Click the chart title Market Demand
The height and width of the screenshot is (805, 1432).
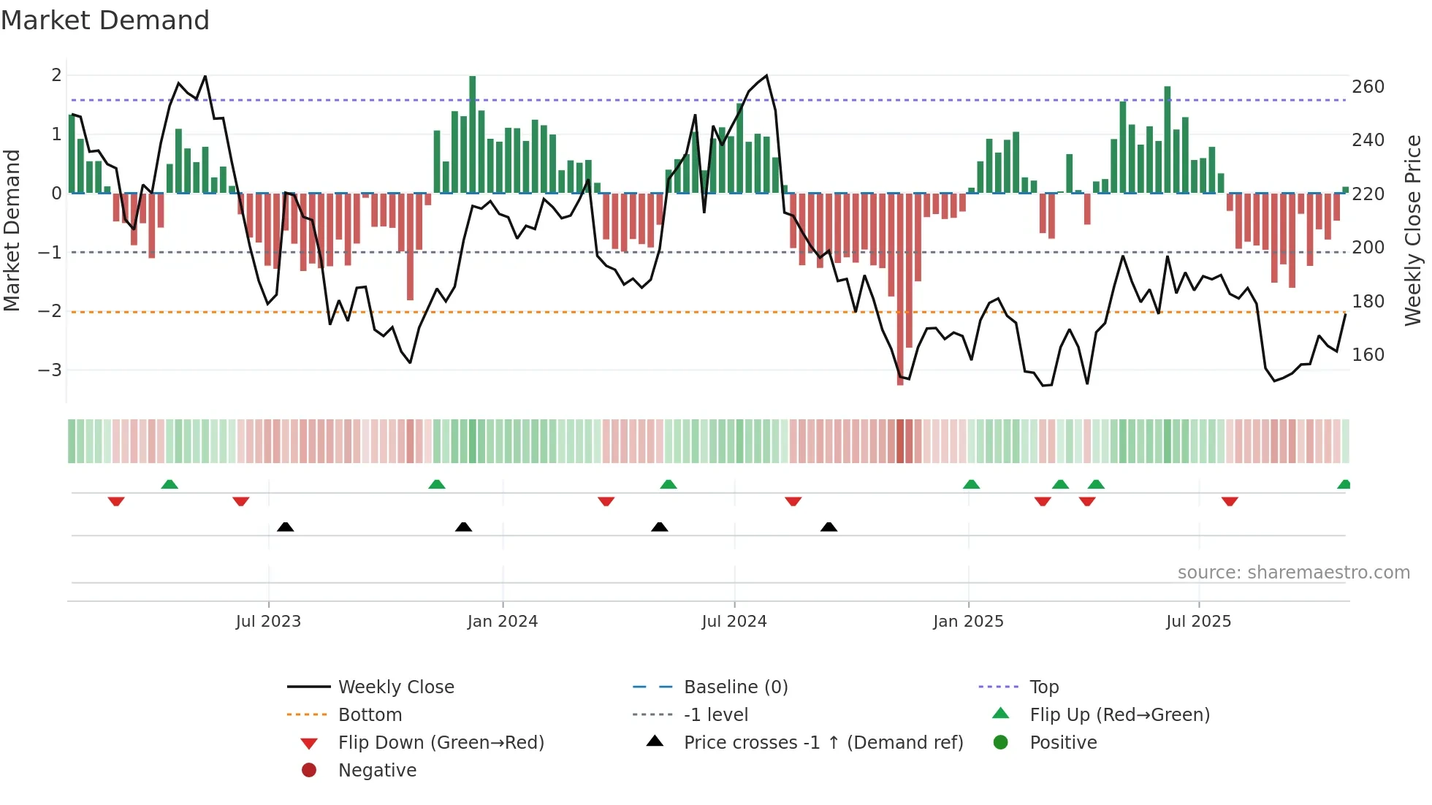(x=105, y=20)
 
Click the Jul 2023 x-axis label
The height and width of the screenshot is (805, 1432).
(x=268, y=622)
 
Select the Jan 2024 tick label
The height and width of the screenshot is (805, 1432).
(x=503, y=622)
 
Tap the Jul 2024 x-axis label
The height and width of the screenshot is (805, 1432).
(x=734, y=622)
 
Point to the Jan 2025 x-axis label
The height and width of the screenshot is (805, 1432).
(x=968, y=622)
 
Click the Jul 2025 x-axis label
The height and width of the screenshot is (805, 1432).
(x=1199, y=622)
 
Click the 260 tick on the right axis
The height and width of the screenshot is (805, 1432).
(x=1368, y=87)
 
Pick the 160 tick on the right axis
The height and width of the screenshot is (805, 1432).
(x=1368, y=355)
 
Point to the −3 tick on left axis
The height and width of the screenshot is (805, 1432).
(x=50, y=370)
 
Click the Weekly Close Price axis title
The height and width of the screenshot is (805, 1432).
(x=1413, y=230)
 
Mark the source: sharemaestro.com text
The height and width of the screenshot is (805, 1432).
(x=1293, y=573)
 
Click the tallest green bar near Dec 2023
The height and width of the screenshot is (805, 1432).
(x=473, y=134)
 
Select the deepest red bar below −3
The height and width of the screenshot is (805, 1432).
(x=900, y=289)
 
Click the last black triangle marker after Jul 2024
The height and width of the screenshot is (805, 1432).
(x=829, y=527)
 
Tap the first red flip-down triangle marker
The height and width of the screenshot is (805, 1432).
(x=116, y=501)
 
